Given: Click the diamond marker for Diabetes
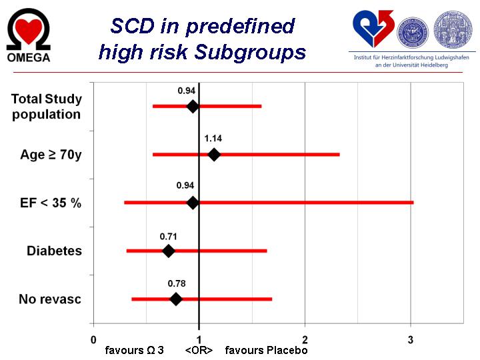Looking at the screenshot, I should (x=169, y=251).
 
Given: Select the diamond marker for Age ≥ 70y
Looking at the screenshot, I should (x=214, y=155).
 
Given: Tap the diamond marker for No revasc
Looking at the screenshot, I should (x=176, y=299).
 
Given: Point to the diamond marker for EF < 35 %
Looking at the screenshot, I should (x=193, y=203).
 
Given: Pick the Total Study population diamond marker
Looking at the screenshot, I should (x=193, y=106).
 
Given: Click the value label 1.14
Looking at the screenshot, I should (x=213, y=139).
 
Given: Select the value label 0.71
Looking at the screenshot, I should (x=168, y=235).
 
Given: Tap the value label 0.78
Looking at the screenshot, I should (x=176, y=283).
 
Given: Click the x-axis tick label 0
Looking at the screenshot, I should (x=93, y=340).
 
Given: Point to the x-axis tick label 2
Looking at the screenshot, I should (x=305, y=340).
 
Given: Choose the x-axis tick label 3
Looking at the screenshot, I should (x=411, y=340).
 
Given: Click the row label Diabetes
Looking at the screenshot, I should (x=54, y=251).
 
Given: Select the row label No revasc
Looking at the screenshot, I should (x=50, y=299).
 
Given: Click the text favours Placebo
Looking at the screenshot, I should (x=266, y=350).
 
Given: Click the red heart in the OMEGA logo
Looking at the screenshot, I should (x=28, y=29).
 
